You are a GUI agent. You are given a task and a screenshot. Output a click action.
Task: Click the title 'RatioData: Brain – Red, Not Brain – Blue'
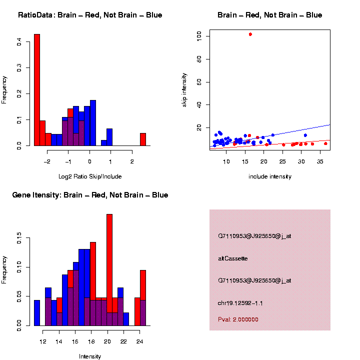tap(90, 15)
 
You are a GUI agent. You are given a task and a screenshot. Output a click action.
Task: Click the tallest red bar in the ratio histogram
tap(37, 90)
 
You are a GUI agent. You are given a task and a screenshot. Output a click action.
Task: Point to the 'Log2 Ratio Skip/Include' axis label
tap(90, 176)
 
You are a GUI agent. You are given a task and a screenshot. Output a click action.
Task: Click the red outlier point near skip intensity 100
tap(250, 34)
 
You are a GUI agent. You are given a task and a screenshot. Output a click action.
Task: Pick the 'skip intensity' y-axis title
tap(184, 89)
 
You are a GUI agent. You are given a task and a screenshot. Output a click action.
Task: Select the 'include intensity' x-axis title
tap(270, 176)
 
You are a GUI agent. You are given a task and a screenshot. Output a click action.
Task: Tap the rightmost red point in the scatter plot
tap(325, 143)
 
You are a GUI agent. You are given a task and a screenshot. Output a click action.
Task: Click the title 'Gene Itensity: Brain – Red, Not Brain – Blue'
tap(90, 195)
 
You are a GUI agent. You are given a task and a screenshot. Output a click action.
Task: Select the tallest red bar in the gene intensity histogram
tap(109, 270)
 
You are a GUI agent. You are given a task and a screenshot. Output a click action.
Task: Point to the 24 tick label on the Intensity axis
tap(139, 342)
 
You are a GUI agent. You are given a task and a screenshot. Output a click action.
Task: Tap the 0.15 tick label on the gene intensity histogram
tap(18, 240)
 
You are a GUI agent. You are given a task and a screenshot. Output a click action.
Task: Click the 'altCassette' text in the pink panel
tap(233, 258)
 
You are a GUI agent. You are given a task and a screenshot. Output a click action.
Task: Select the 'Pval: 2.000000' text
tap(238, 319)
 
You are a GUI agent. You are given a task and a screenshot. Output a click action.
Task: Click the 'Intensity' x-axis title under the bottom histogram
tap(90, 356)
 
